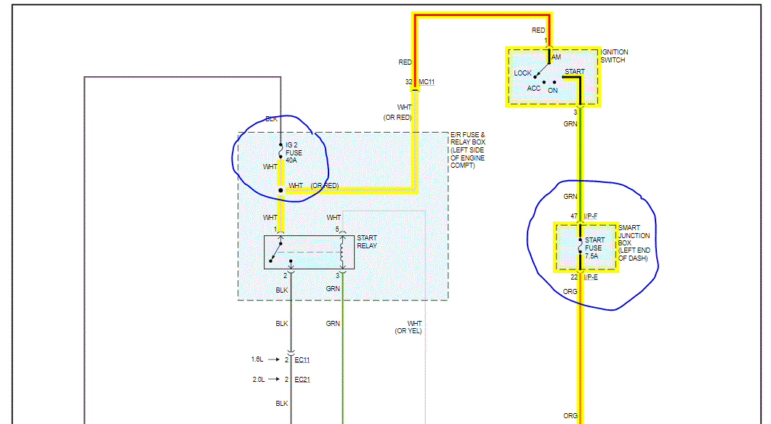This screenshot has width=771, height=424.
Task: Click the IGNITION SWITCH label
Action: (x=615, y=56)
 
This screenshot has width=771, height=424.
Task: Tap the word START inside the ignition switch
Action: (x=574, y=72)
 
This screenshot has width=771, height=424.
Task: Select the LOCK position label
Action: (x=522, y=73)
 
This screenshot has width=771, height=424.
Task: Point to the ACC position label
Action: (x=534, y=89)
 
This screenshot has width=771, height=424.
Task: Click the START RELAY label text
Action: (x=367, y=242)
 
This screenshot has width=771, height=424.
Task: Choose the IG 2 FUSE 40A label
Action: (x=294, y=153)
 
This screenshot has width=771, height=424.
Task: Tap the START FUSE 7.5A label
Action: (x=594, y=248)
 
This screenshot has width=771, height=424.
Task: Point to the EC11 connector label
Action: (x=302, y=359)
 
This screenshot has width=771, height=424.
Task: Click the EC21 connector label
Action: (x=302, y=380)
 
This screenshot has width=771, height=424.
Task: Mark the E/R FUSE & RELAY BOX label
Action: (x=467, y=150)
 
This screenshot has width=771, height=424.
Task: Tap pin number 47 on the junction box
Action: (x=573, y=216)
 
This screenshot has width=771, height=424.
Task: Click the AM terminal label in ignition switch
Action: (x=557, y=57)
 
